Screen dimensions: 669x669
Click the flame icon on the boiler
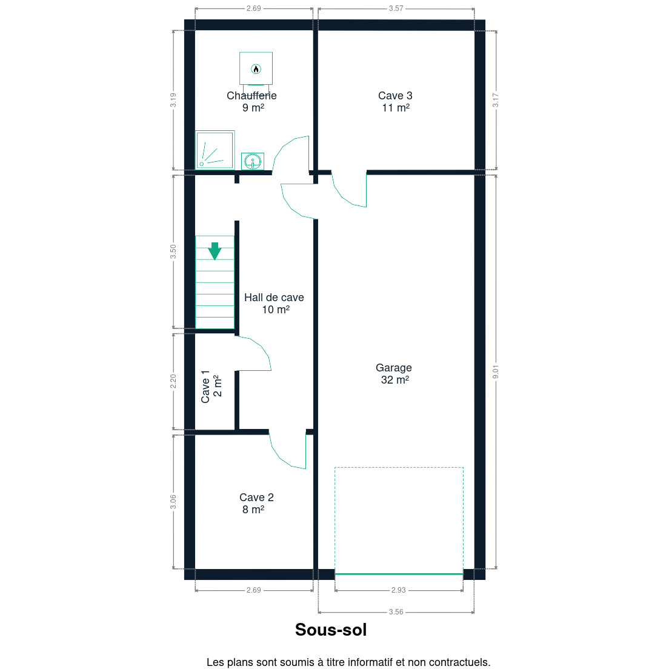click(256, 68)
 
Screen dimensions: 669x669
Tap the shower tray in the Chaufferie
click(215, 150)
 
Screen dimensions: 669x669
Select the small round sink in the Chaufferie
click(253, 162)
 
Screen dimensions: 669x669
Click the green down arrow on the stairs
click(215, 251)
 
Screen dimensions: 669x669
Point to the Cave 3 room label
click(396, 102)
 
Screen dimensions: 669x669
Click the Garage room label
click(394, 374)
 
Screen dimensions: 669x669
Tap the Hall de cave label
click(275, 304)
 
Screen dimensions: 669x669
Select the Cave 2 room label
click(256, 504)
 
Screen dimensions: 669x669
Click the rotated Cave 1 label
click(211, 387)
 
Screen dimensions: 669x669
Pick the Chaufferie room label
click(251, 102)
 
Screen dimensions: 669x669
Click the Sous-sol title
click(331, 630)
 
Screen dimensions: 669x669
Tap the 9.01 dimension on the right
click(495, 371)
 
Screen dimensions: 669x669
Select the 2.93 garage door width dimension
click(399, 590)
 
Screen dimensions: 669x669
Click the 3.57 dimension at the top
click(396, 8)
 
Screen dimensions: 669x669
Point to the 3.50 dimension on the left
click(173, 251)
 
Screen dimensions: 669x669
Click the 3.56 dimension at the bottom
click(396, 612)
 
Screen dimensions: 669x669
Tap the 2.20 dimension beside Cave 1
click(173, 381)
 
